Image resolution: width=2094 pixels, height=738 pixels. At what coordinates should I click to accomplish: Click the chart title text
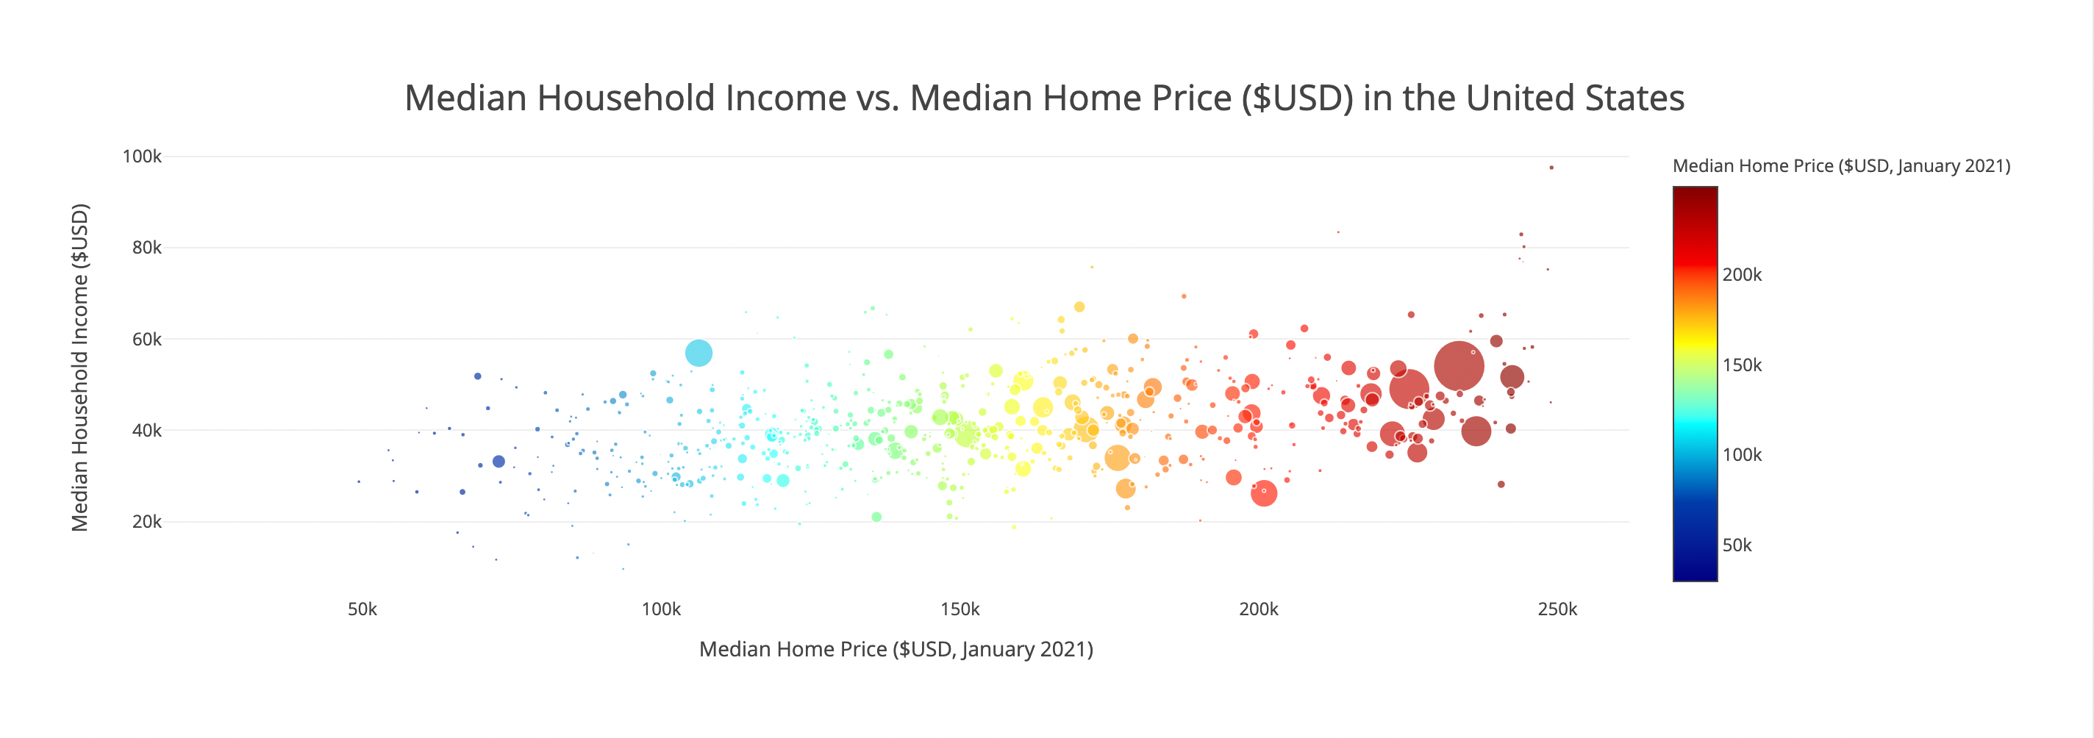tap(1044, 98)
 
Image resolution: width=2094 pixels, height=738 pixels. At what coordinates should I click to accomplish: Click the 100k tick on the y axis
tap(142, 156)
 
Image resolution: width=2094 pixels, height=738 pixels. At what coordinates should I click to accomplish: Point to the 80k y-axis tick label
tap(147, 247)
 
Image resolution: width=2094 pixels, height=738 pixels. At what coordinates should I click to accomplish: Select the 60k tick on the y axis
tap(147, 339)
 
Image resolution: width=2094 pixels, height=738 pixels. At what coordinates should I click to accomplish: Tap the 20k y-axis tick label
tap(147, 522)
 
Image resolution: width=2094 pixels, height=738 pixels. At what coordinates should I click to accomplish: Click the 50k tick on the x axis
tap(362, 609)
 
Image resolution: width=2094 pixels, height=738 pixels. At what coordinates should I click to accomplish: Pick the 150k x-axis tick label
tap(960, 609)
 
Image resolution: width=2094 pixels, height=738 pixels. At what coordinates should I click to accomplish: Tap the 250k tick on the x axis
tap(1557, 609)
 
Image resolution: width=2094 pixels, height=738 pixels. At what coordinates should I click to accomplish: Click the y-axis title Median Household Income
tap(79, 368)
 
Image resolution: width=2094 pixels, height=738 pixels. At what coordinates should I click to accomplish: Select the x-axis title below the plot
tap(896, 649)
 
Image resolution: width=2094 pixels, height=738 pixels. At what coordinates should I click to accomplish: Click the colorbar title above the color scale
tap(1841, 166)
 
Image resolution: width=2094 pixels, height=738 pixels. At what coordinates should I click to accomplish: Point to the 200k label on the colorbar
tap(1742, 275)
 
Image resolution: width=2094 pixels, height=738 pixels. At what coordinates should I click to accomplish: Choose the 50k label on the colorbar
tap(1737, 545)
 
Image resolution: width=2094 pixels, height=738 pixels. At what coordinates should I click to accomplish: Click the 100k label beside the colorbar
tap(1742, 455)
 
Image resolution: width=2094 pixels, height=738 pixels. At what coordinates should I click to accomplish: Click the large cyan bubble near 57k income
tap(698, 353)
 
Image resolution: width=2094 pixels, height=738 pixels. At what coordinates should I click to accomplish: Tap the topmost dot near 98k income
tap(1552, 168)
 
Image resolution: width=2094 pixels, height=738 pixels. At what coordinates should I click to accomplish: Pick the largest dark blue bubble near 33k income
tap(499, 462)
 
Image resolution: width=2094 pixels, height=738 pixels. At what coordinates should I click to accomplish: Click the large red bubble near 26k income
tap(1264, 493)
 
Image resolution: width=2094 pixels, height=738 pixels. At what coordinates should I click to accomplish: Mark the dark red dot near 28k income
tap(1501, 484)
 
